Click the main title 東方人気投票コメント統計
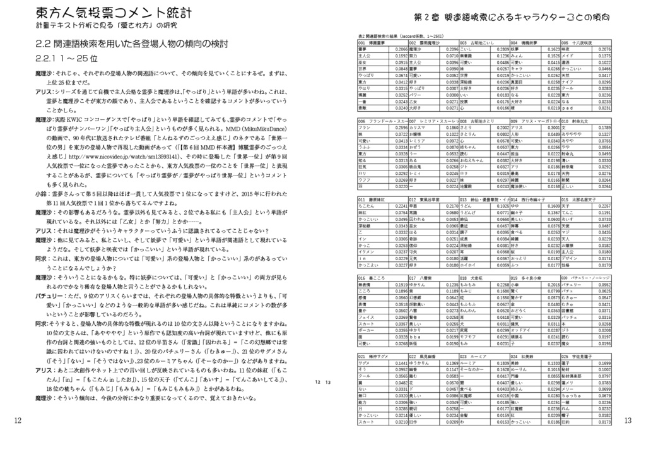pos(114,13)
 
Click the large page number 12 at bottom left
pos(17,420)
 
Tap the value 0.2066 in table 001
pos(401,49)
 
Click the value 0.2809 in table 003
pos(503,49)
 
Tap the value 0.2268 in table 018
pos(503,284)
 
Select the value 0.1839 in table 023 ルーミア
pos(503,363)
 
